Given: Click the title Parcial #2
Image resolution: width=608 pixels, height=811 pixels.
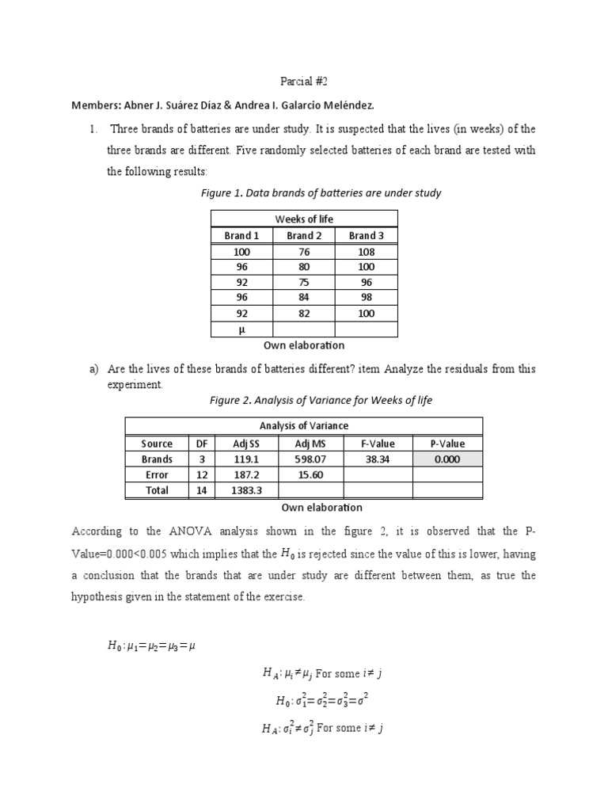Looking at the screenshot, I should pyautogui.click(x=303, y=82).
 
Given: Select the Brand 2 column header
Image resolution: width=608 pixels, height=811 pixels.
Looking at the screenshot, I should pyautogui.click(x=304, y=235).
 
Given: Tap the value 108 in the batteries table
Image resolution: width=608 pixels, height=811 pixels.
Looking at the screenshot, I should pyautogui.click(x=366, y=252).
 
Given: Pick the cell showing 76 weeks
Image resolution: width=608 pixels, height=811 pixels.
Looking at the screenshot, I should pyautogui.click(x=304, y=252).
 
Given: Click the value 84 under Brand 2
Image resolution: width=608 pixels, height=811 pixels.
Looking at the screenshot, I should pyautogui.click(x=304, y=297).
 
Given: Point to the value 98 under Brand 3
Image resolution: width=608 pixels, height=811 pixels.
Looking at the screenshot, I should pyautogui.click(x=366, y=297).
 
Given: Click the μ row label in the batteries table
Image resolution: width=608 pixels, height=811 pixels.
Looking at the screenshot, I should pyautogui.click(x=241, y=329).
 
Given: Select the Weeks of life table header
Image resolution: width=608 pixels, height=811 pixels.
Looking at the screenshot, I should pyautogui.click(x=304, y=219).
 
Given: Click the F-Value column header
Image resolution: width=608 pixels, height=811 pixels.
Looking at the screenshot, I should pyautogui.click(x=378, y=444).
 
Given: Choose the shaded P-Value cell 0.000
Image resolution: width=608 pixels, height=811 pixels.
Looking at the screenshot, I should pyautogui.click(x=447, y=459).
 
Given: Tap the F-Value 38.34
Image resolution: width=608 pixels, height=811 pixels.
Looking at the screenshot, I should pyautogui.click(x=378, y=459).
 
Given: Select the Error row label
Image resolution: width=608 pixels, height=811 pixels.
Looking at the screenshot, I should pyautogui.click(x=157, y=475).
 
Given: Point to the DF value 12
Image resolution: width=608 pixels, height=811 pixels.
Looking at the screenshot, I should pyautogui.click(x=201, y=475).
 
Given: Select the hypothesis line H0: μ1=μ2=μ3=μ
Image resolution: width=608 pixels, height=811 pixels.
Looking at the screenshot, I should pyautogui.click(x=151, y=645).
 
